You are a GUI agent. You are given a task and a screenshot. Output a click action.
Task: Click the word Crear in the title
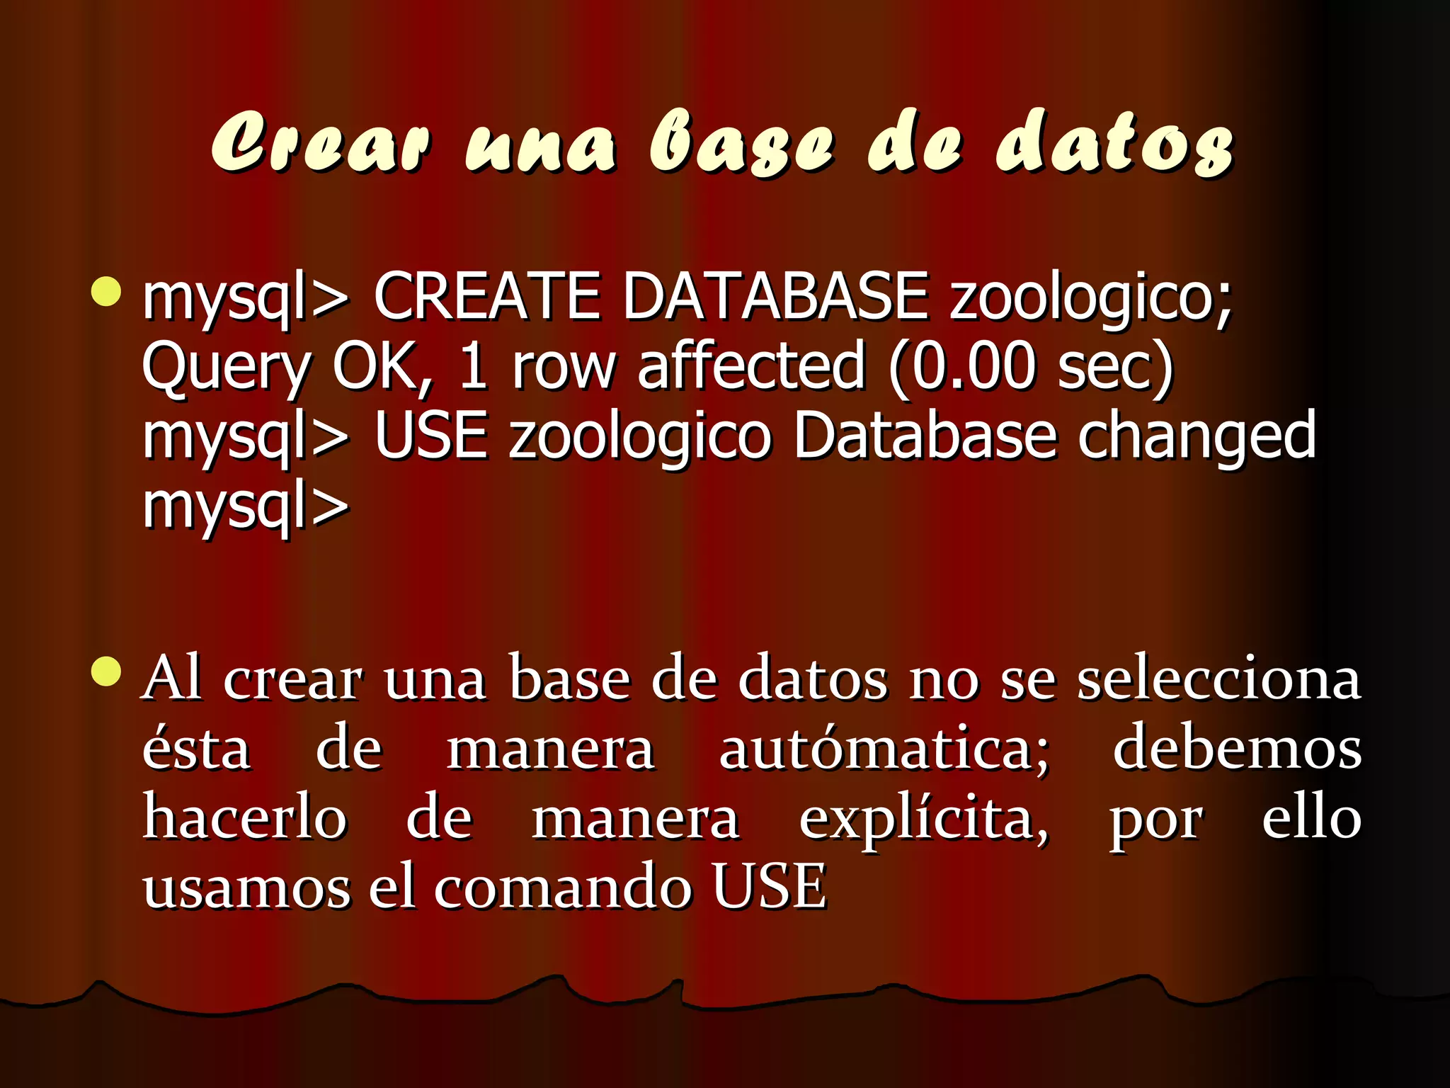[320, 142]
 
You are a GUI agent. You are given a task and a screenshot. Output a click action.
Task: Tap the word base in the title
[741, 142]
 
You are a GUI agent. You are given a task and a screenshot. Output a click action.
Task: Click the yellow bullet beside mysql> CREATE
[106, 292]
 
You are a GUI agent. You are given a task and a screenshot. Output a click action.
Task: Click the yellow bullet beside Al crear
[106, 671]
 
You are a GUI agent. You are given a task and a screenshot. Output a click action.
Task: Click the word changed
[1197, 438]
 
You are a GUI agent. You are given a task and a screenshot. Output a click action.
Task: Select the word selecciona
[1218, 679]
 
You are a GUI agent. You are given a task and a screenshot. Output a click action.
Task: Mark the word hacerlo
[245, 817]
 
